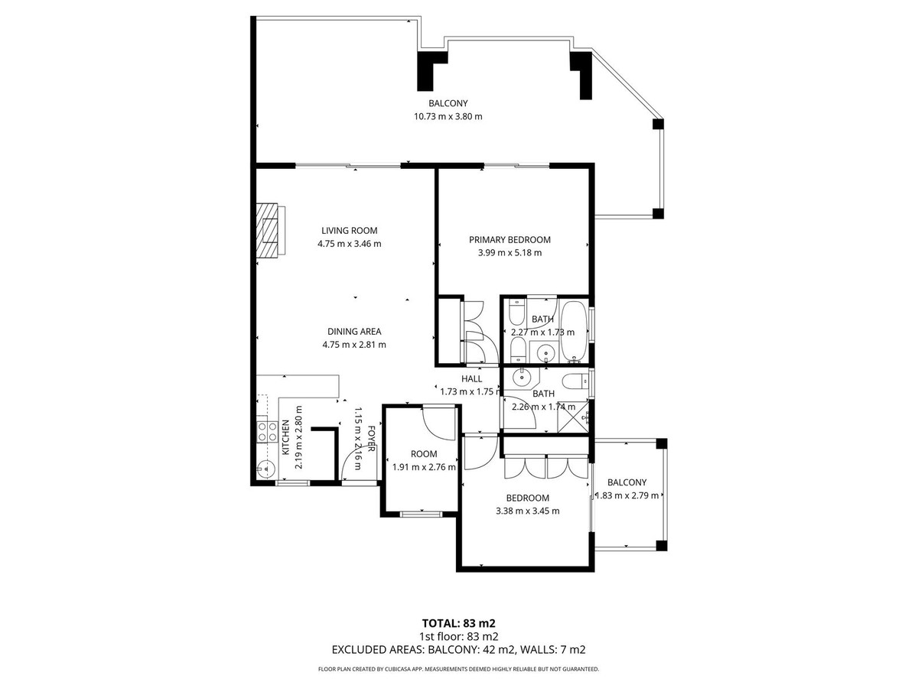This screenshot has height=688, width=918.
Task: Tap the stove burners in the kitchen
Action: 267,432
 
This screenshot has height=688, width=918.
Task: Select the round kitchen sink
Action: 265,469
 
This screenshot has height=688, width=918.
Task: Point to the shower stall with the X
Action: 574,417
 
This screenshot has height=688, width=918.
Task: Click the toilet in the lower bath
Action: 575,381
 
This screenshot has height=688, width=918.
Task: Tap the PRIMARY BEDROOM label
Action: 509,239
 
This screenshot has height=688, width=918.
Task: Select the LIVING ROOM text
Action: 349,230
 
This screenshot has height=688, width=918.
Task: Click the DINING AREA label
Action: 354,332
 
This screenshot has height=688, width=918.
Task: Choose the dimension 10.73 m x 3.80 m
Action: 448,116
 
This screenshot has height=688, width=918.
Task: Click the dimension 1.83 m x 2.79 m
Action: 627,495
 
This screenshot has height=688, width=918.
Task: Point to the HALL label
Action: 471,378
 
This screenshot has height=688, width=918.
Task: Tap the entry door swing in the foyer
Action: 353,462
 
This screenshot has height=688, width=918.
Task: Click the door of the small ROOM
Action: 440,420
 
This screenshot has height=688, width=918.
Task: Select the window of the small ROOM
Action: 421,514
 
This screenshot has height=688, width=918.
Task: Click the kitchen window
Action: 292,483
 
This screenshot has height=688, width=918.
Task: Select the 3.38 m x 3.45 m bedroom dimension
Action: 527,511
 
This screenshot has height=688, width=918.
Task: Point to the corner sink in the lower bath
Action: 522,376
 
